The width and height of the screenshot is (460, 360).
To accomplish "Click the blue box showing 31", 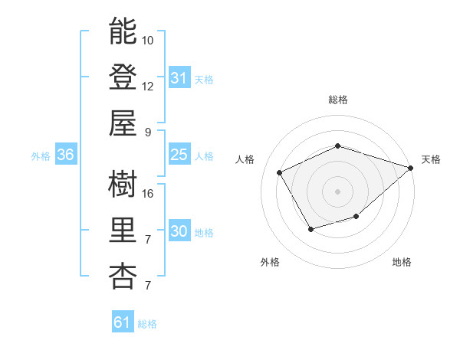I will [179, 78].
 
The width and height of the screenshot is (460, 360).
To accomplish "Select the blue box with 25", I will [179, 155].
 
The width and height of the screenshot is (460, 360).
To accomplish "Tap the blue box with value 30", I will [179, 231].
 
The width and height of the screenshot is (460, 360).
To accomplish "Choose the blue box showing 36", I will [66, 155].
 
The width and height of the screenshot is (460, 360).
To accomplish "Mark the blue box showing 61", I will [123, 322].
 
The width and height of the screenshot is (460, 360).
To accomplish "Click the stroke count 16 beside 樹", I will [148, 193].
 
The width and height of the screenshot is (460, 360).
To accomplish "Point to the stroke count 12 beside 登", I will [148, 86].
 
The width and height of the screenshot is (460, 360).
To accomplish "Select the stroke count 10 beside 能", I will [148, 40].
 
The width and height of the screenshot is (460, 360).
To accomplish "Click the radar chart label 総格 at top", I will [337, 100].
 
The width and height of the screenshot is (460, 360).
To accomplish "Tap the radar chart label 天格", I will [431, 159].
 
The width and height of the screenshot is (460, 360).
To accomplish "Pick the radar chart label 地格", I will [402, 262].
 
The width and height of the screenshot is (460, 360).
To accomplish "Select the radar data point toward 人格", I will [280, 172].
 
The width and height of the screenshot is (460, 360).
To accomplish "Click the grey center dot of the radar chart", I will [337, 191].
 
